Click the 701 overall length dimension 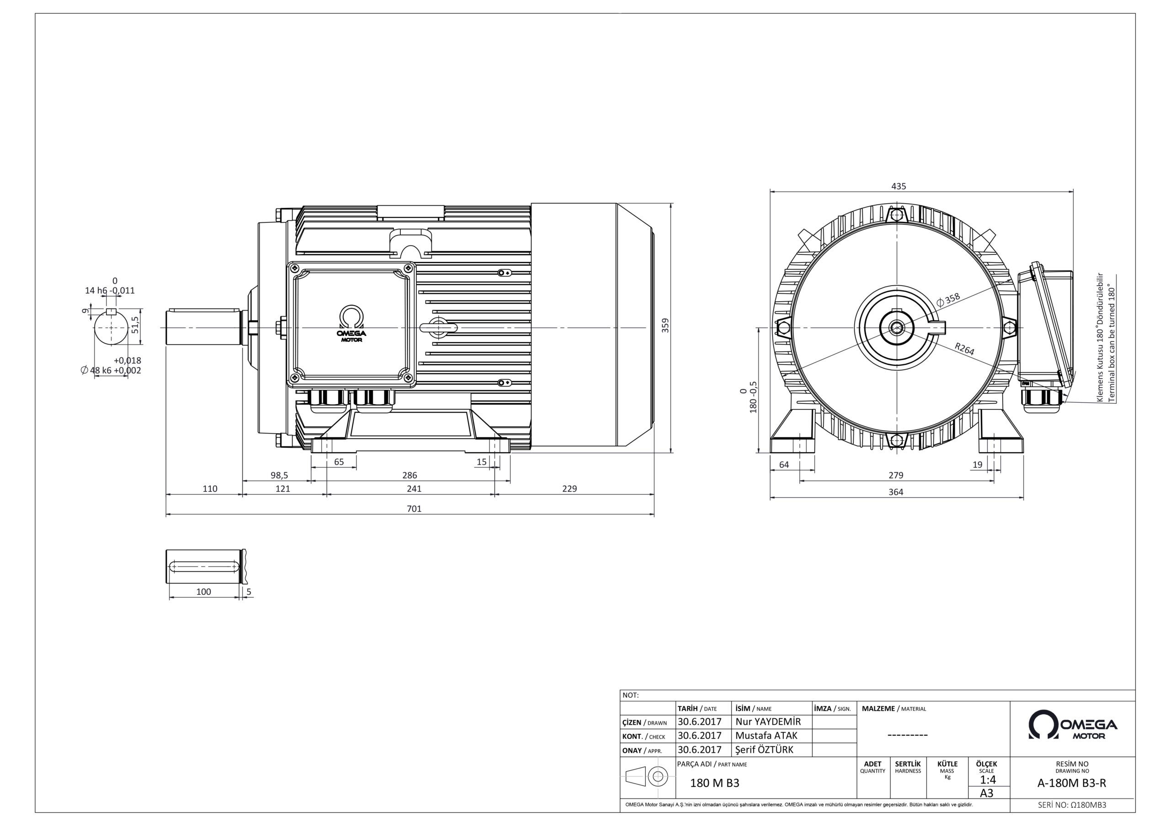click(x=414, y=509)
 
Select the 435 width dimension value click(x=899, y=186)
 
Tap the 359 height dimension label click(x=665, y=326)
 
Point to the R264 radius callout click(x=965, y=349)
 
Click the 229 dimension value click(x=569, y=488)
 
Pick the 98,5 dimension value click(x=279, y=475)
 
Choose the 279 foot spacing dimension click(x=895, y=475)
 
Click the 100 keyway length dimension click(x=203, y=592)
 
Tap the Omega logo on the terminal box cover click(x=351, y=324)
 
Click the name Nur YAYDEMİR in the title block click(x=768, y=721)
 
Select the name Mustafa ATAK click(x=766, y=735)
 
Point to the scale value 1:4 click(x=988, y=779)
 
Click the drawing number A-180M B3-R click(x=1072, y=783)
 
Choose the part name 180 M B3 click(x=714, y=783)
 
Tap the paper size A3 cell click(x=987, y=793)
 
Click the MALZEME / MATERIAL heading click(x=894, y=709)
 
